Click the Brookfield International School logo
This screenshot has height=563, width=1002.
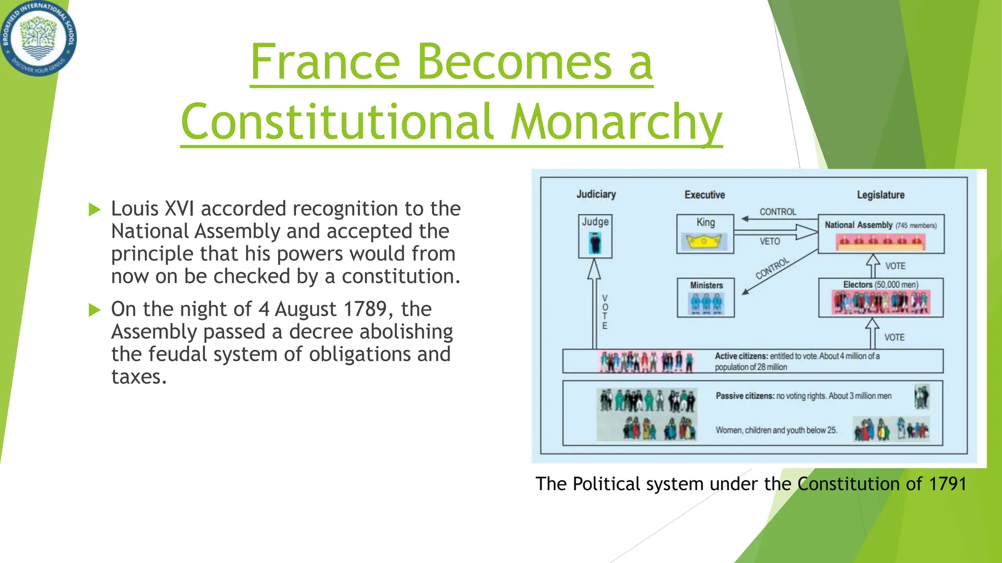38,38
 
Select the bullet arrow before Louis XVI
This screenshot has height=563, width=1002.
94,210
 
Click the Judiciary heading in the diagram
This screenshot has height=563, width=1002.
596,195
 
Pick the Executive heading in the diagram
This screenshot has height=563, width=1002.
705,195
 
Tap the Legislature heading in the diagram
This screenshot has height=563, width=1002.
881,195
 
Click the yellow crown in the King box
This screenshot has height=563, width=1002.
705,242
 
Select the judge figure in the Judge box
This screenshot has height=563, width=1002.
595,243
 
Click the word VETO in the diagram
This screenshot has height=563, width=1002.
770,241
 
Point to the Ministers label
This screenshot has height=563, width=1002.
706,285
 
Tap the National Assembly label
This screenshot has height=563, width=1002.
859,225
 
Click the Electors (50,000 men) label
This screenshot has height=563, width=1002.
881,285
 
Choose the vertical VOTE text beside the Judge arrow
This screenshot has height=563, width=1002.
605,312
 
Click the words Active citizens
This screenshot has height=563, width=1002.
741,356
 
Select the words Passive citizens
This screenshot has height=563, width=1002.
744,396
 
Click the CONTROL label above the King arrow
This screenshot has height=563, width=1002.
777,212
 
